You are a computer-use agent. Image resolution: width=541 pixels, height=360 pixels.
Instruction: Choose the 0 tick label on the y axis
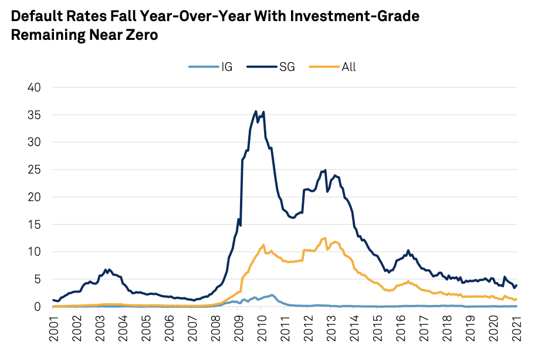[x=38, y=307]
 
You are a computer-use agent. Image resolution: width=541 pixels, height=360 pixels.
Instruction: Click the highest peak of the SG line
[x=256, y=111]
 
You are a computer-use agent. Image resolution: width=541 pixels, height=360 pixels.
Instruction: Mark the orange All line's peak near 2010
[x=263, y=244]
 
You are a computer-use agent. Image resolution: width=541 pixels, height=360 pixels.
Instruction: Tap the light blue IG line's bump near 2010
[x=272, y=295]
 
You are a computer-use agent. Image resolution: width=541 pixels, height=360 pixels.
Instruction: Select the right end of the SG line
[x=516, y=285]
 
